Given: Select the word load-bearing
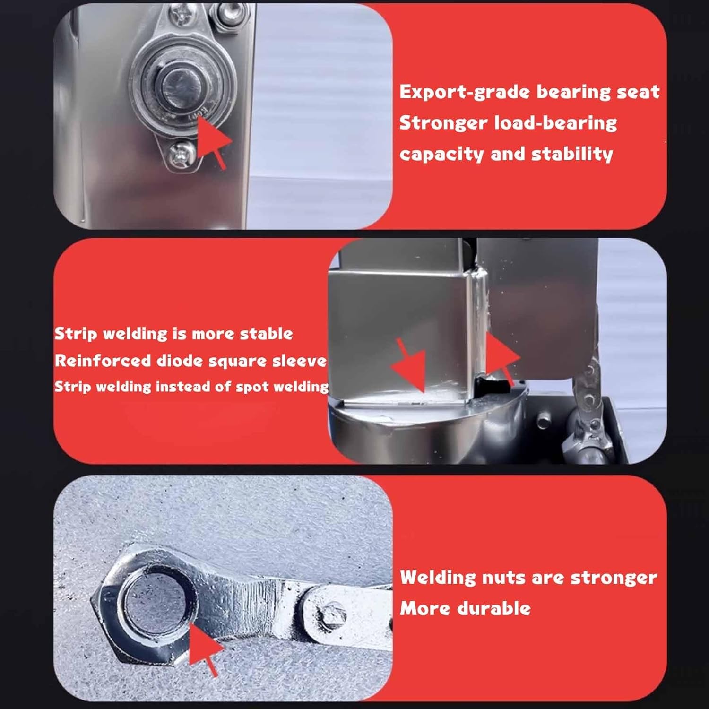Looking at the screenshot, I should pos(555,123).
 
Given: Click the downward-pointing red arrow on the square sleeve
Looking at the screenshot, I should pos(410,366).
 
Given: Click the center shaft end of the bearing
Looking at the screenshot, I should pos(182,88).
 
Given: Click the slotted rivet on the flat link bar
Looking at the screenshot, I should pos(333,615).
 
